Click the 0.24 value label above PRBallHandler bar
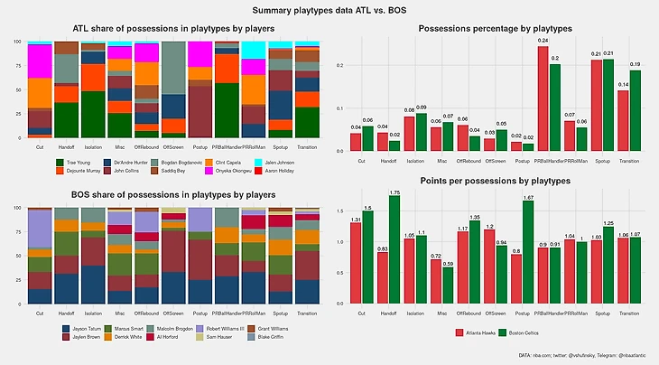coord(543,41)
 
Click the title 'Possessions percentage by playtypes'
coord(494,30)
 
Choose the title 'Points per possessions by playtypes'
coord(494,182)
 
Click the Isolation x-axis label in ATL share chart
coord(92,146)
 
